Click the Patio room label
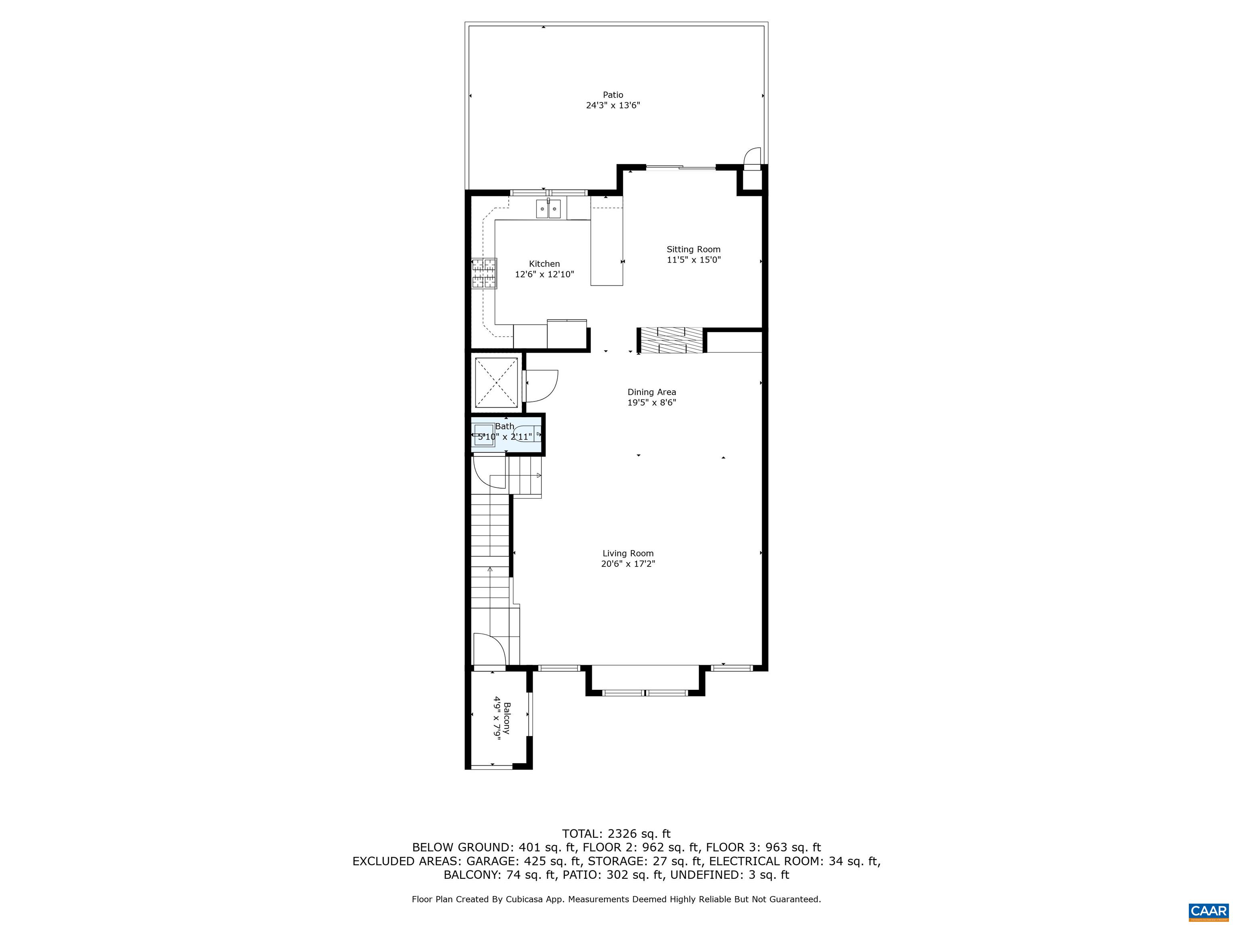tap(612, 95)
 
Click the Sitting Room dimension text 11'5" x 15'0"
tap(694, 260)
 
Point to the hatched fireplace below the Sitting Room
tap(671, 340)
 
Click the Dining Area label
tap(651, 392)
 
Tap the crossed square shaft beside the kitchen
tap(496, 383)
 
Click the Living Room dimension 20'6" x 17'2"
tap(628, 564)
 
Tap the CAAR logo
tap(1208, 911)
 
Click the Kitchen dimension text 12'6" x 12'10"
tap(544, 274)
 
